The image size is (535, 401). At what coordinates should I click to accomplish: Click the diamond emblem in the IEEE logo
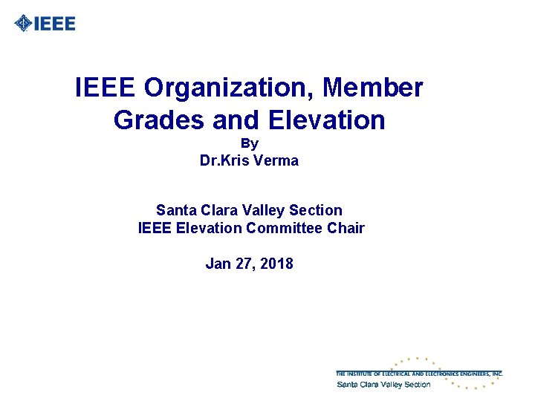24,24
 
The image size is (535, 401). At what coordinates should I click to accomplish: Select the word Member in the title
374,88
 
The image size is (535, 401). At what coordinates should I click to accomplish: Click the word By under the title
250,143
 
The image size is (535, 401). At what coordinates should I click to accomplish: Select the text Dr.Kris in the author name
221,160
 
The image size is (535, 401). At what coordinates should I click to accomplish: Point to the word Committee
285,228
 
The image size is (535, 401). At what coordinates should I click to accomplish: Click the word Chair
346,228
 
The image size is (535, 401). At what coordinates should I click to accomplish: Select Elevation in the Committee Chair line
209,228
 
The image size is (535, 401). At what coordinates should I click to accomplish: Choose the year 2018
277,264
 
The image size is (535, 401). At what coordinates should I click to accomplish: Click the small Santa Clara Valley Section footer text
383,385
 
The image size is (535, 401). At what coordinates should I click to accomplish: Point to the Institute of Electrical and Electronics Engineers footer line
419,374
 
